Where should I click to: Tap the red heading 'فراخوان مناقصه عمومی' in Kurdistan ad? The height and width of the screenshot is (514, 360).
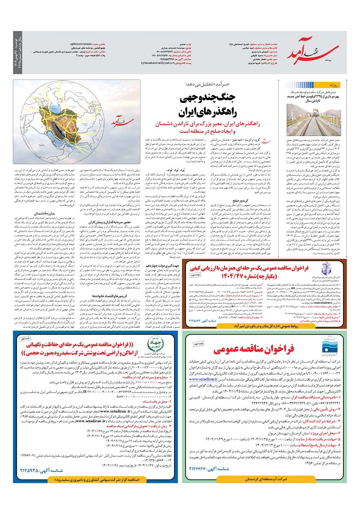click(x=254, y=349)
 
